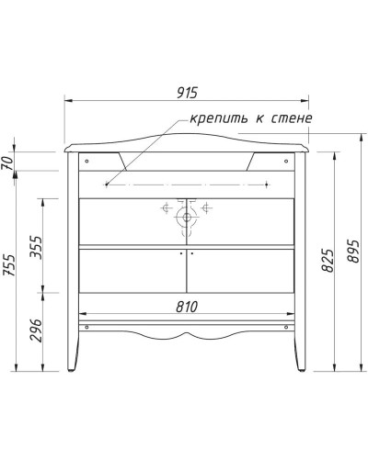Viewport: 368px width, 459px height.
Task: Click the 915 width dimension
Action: click(188, 94)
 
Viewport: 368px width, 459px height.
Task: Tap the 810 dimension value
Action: click(187, 307)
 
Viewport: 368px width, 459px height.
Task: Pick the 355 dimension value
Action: click(36, 244)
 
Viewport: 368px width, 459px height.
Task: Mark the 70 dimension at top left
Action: click(12, 162)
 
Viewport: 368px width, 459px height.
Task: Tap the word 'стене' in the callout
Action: click(292, 119)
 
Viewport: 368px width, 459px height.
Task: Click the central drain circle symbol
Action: click(187, 218)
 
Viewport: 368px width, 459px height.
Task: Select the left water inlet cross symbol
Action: click(167, 208)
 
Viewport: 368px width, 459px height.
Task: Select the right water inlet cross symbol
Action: click(207, 208)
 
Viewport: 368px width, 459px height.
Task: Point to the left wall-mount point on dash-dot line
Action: click(108, 185)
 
